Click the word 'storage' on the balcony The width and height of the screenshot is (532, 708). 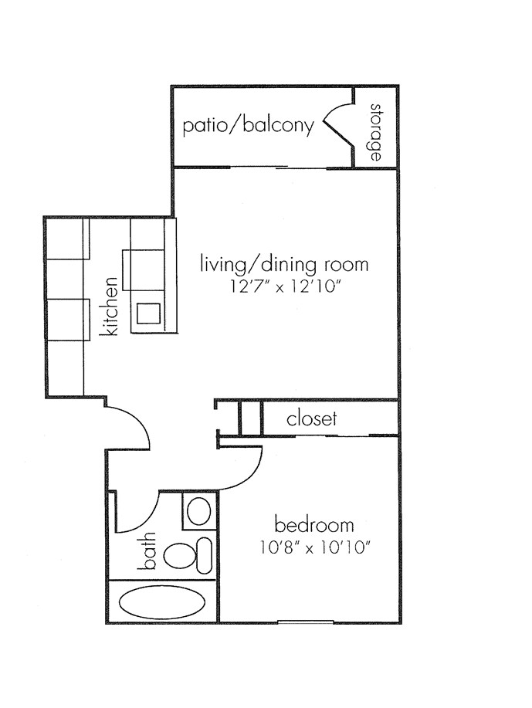[376, 133]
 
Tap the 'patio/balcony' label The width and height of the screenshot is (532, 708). [248, 126]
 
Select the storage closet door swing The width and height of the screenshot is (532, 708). [338, 126]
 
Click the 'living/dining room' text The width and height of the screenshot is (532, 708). [284, 264]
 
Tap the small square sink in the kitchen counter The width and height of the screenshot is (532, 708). [149, 313]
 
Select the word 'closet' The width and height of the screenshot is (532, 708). [312, 419]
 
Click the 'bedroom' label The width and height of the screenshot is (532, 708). [314, 526]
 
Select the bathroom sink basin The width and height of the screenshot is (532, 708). [200, 511]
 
